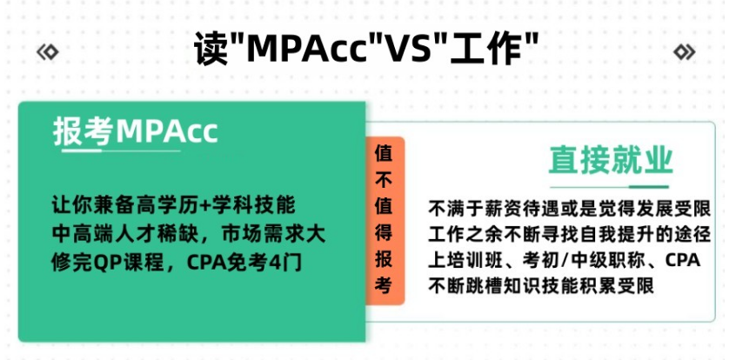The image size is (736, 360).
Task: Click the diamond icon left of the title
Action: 47,52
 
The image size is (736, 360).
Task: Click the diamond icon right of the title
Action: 685,52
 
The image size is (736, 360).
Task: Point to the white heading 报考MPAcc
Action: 135,131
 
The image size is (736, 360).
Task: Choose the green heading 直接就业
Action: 611,161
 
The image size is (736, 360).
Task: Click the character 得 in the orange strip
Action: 384,233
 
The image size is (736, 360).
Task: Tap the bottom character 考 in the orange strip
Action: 384,285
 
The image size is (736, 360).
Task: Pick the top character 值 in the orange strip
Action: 384,154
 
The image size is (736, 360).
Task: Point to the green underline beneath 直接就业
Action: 609,187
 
